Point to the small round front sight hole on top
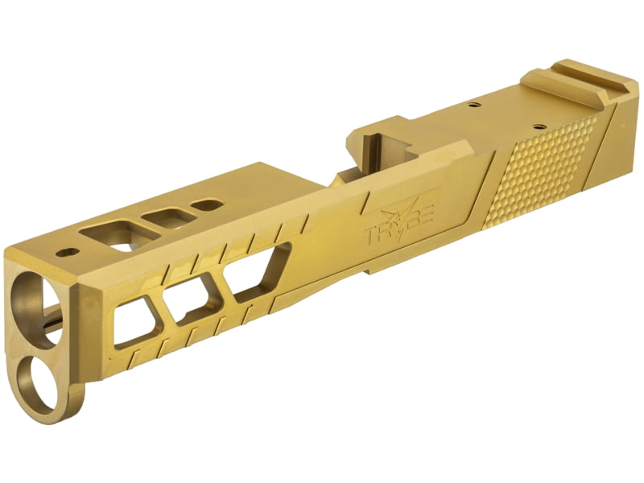67,252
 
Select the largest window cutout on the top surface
120,234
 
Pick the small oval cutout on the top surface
208,204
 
